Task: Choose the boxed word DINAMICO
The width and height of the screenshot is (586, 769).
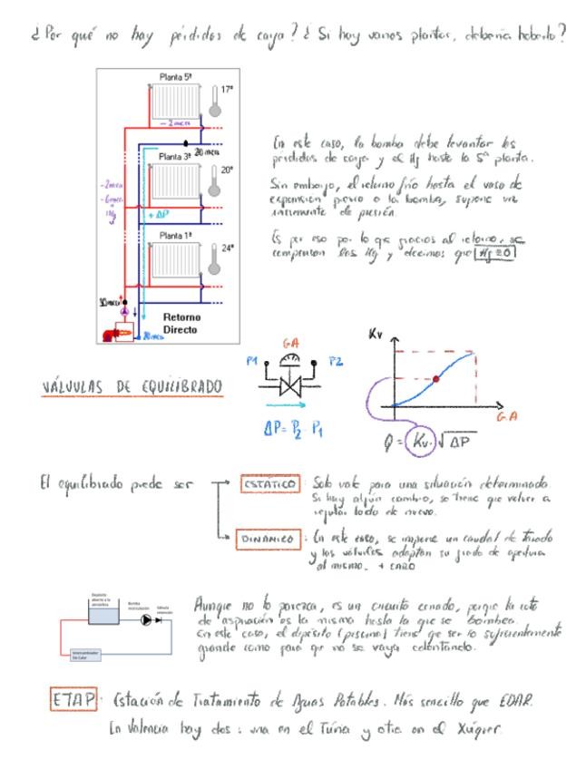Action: tap(264, 538)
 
